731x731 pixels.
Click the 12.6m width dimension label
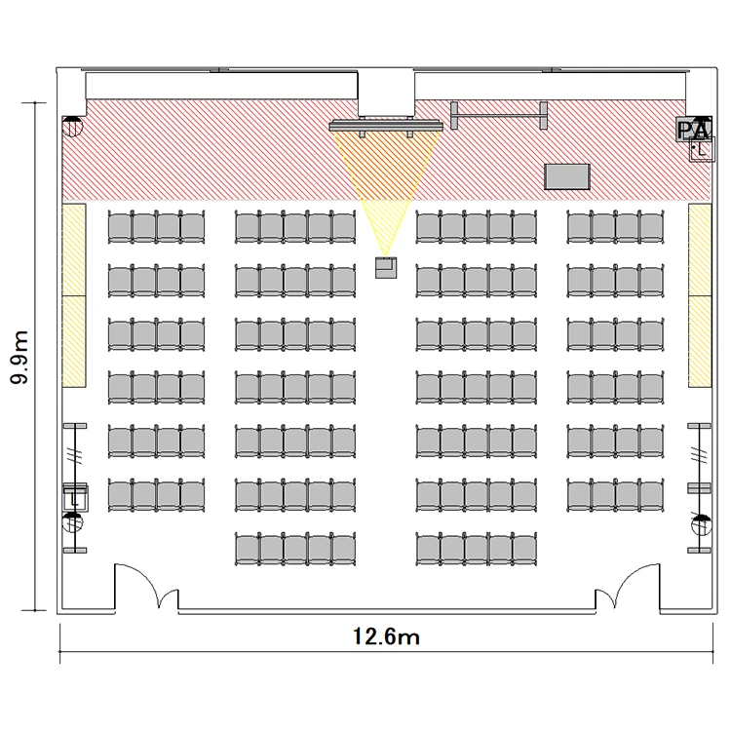[386, 636]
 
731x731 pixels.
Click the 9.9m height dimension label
[19, 357]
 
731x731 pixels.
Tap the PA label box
[694, 129]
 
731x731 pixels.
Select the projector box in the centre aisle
[386, 268]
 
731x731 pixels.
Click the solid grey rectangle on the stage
[567, 176]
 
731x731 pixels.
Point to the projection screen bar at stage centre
[386, 126]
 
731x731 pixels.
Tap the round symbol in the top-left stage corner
[72, 127]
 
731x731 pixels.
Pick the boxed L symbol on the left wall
[75, 498]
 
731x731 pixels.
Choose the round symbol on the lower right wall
[702, 524]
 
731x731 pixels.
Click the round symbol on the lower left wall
[72, 522]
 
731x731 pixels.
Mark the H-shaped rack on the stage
[499, 116]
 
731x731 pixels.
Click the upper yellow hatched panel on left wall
[74, 250]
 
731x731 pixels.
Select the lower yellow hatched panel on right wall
[700, 341]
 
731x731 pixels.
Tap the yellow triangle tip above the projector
[386, 256]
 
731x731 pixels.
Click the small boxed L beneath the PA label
[702, 149]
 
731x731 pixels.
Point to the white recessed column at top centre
[386, 93]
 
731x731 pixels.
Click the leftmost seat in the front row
[120, 227]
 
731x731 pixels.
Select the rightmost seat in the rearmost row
[524, 550]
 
